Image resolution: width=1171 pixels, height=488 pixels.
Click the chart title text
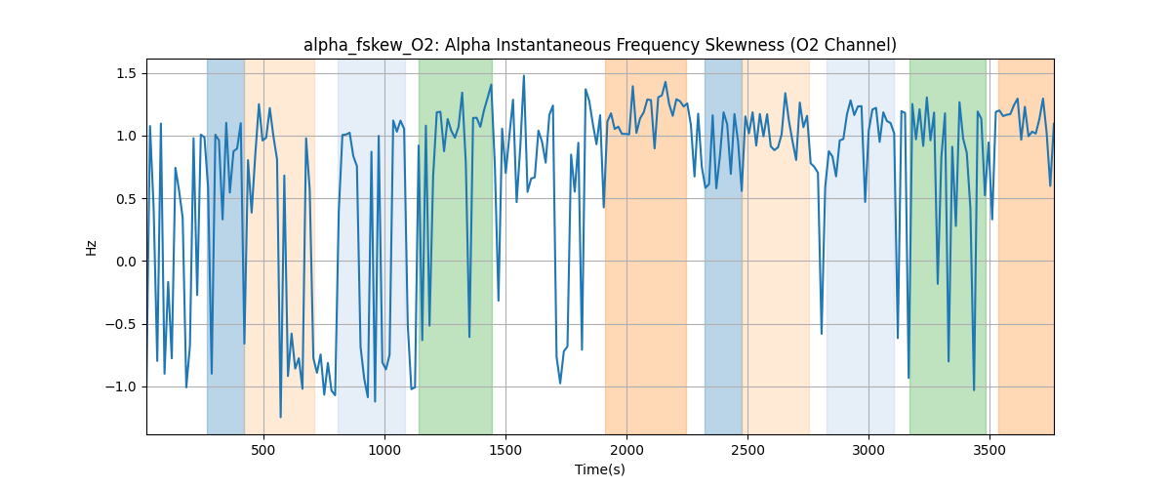tap(599, 45)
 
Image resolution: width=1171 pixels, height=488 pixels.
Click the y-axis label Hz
tap(92, 247)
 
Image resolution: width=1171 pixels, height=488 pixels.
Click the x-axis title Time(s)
tap(599, 469)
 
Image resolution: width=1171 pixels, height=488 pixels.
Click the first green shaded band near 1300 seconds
tap(455, 244)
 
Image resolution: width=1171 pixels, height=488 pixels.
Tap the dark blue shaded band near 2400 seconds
tap(723, 244)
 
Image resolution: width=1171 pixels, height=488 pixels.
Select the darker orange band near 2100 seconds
tap(645, 244)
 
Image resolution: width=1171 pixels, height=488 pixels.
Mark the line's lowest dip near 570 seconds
tap(280, 417)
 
